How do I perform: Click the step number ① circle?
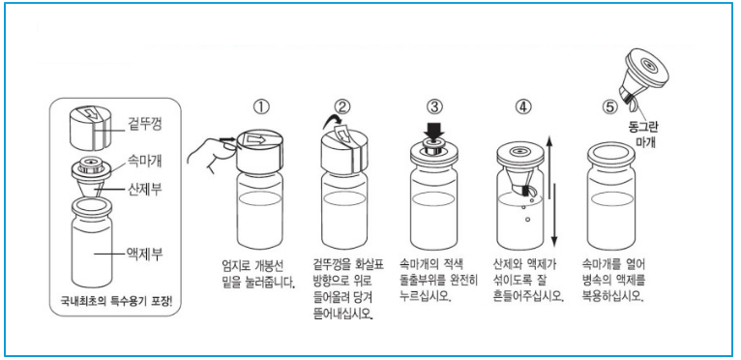(x=261, y=106)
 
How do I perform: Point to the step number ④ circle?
(x=522, y=106)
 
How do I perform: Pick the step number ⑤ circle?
(x=610, y=107)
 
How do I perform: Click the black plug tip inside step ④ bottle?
(x=524, y=191)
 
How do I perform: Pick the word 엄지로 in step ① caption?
(x=235, y=265)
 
